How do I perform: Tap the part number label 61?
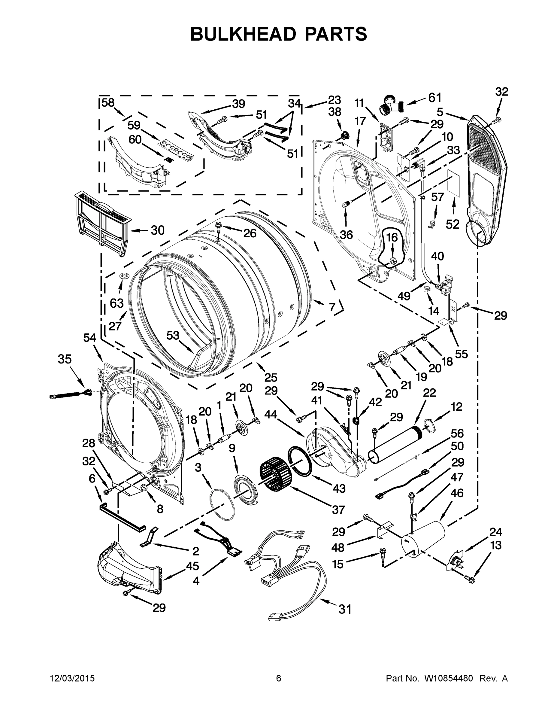click(434, 98)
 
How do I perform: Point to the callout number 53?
click(173, 335)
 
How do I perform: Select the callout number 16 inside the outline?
click(392, 237)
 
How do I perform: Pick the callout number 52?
click(453, 224)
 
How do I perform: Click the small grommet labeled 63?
click(124, 276)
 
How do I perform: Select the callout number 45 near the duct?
click(192, 566)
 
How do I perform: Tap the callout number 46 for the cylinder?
click(457, 493)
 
